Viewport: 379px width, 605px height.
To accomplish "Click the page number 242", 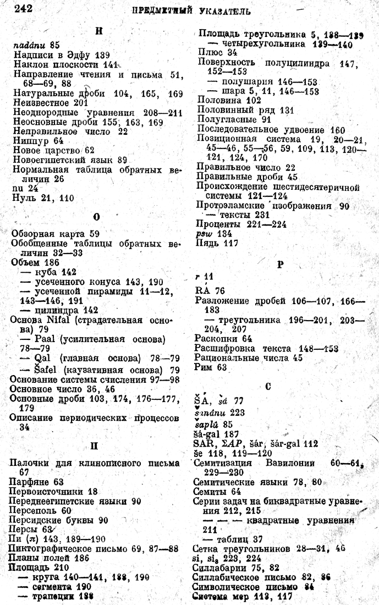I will pyautogui.click(x=24, y=9).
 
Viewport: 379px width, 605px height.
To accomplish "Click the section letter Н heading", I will pyautogui.click(x=98, y=31).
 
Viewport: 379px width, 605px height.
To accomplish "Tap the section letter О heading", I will pyautogui.click(x=97, y=217).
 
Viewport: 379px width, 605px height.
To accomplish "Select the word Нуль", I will pyautogui.click(x=24, y=198).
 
